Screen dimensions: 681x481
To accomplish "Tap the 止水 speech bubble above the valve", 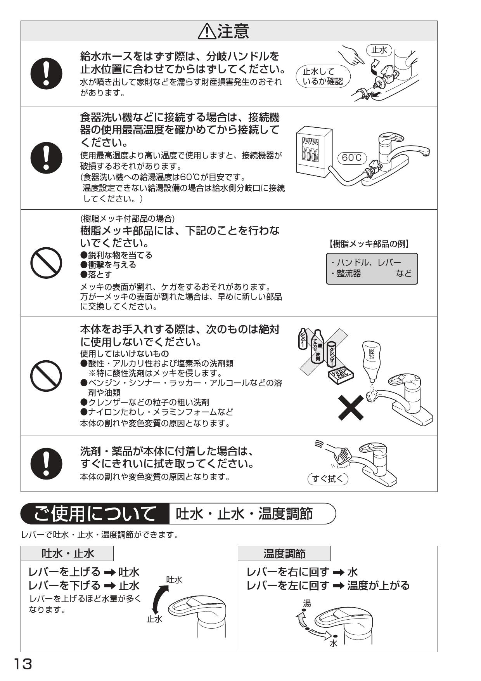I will pyautogui.click(x=379, y=50).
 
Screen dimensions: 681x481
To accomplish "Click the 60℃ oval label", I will pyautogui.click(x=352, y=157).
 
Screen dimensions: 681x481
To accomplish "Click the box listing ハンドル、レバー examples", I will pyautogui.click(x=372, y=268).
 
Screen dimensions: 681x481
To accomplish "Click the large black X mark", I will pyautogui.click(x=351, y=407).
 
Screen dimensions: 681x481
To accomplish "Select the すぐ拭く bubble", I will pyautogui.click(x=328, y=479).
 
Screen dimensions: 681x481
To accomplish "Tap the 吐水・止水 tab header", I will pyautogui.click(x=67, y=553).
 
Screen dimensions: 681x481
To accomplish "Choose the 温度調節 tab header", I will pyautogui.click(x=284, y=553).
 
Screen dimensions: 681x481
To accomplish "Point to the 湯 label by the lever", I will pyautogui.click(x=307, y=603).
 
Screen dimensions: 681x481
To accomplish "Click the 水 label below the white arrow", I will pyautogui.click(x=333, y=644).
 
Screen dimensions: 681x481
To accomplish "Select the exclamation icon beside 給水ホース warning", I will pyautogui.click(x=46, y=73).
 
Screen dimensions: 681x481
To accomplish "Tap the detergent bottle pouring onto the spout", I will pyautogui.click(x=371, y=361).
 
